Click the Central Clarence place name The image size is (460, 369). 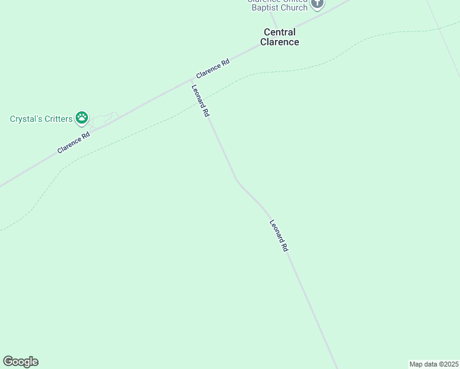(x=279, y=37)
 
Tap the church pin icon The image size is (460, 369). (x=317, y=4)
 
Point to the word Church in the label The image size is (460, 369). (x=294, y=8)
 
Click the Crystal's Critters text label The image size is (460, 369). (x=41, y=119)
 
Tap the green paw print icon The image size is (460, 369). (x=82, y=117)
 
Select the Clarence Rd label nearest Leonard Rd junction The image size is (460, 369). (x=209, y=71)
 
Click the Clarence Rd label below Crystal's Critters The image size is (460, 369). (x=74, y=142)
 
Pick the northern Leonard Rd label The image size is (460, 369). (x=200, y=101)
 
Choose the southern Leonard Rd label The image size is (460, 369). (x=279, y=236)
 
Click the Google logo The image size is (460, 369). (x=20, y=362)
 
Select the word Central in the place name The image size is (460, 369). (x=279, y=32)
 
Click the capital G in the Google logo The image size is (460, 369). (x=8, y=362)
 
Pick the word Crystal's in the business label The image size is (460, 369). (x=25, y=119)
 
